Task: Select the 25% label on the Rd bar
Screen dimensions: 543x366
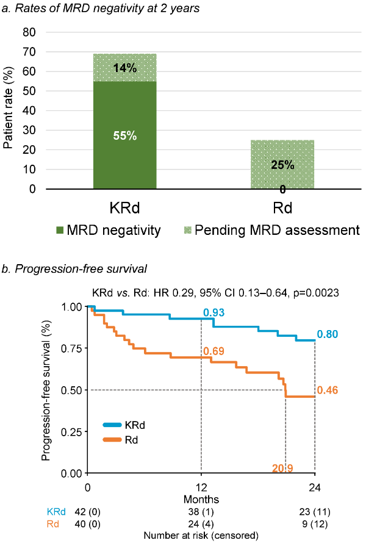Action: [283, 165]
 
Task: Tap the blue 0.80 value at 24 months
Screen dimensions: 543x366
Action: [328, 334]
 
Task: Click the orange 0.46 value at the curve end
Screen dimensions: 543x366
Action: [328, 390]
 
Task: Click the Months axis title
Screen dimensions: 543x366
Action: [202, 498]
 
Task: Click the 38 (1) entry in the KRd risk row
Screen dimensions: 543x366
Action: [201, 512]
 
